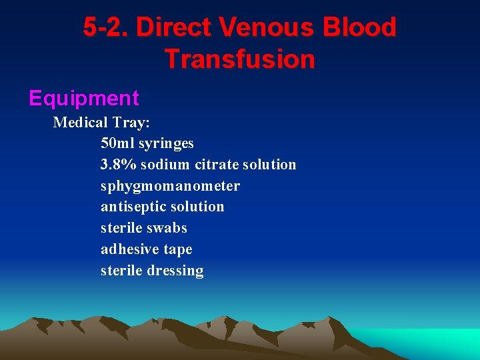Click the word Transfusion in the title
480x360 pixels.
[239, 59]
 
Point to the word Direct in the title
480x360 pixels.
[173, 27]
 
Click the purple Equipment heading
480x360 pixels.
[84, 99]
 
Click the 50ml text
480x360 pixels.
[117, 143]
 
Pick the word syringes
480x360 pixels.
[166, 143]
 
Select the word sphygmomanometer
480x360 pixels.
[170, 186]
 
